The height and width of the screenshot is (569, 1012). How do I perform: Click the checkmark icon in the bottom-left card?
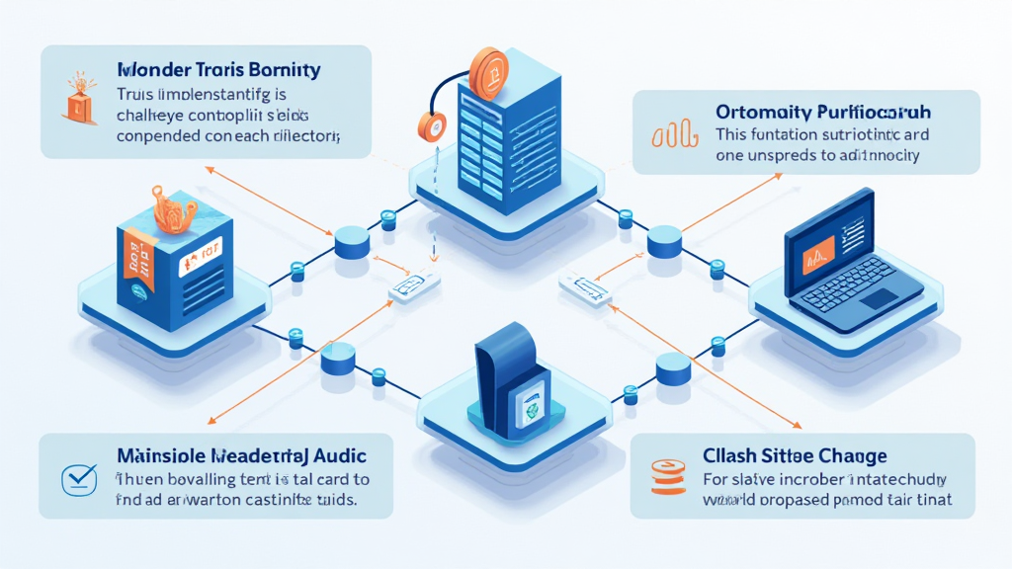77,478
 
